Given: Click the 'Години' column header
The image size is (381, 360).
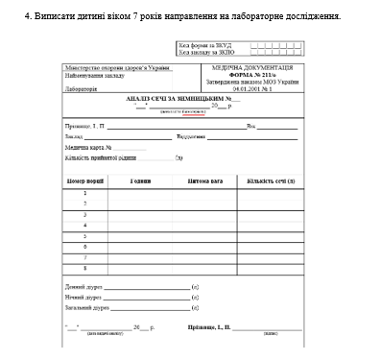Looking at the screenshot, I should [142, 180].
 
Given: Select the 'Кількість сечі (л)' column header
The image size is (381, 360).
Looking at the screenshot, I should [271, 180].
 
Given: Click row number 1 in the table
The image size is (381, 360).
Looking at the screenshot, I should [84, 193].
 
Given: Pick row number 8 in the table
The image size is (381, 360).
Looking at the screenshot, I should [84, 268].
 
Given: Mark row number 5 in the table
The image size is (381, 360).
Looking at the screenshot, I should [84, 236].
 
